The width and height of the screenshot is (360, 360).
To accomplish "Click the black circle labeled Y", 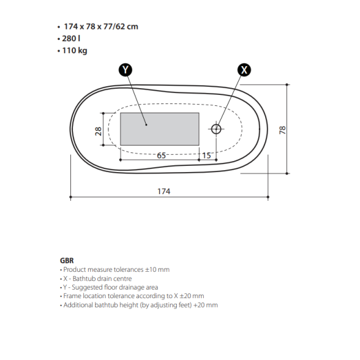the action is (126, 70).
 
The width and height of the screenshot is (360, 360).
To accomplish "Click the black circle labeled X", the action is (244, 70).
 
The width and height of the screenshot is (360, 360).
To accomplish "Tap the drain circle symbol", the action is (216, 129).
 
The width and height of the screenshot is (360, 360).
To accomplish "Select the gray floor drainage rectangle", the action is (160, 129).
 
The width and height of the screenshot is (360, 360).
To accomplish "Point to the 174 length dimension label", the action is (163, 191).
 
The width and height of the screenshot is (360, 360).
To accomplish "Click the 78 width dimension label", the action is (282, 130).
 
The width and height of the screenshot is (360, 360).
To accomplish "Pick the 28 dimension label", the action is (98, 131).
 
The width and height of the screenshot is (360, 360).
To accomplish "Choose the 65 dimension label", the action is (161, 156).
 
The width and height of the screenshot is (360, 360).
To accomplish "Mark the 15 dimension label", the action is (206, 156).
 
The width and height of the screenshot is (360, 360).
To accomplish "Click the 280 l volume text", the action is (71, 39).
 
